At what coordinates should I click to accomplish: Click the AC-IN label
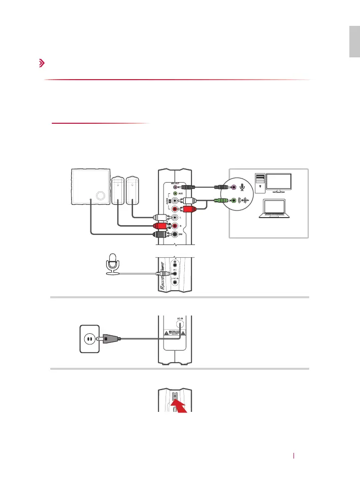(x=180, y=320)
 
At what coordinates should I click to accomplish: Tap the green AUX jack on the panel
(x=176, y=193)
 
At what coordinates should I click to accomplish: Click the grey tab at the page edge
(x=354, y=43)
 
